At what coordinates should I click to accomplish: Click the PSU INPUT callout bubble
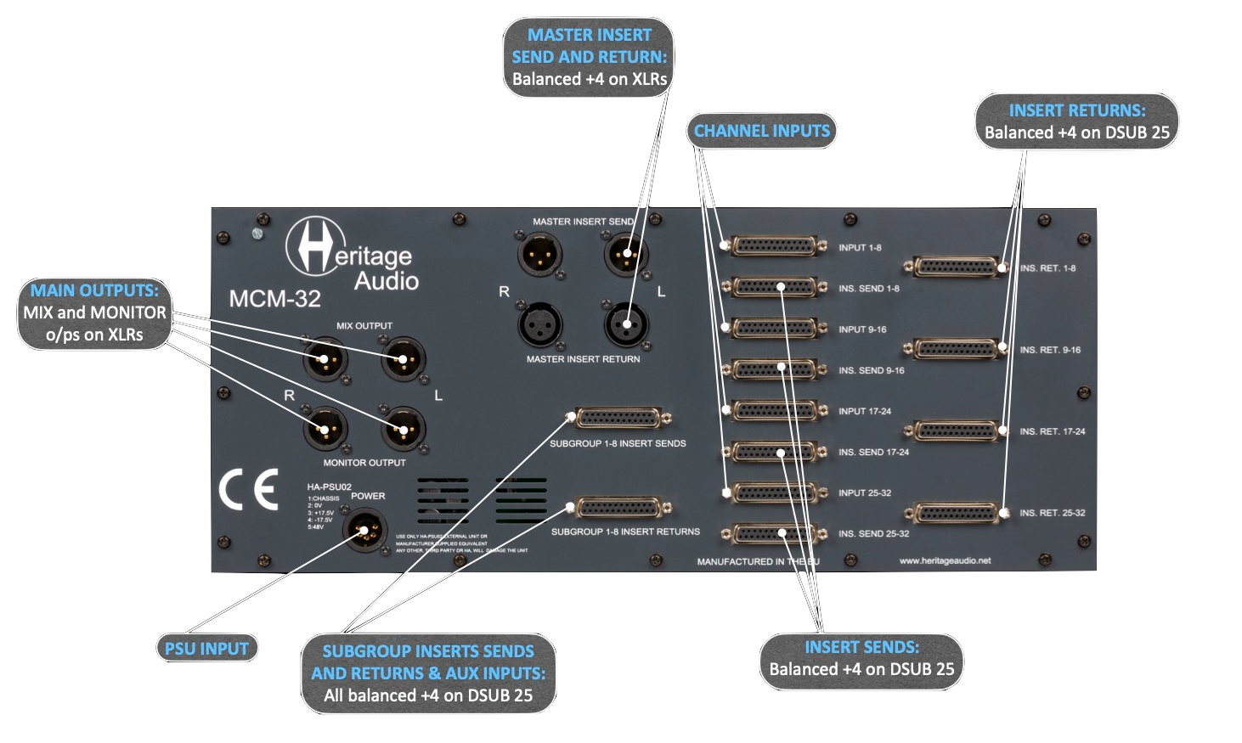206,649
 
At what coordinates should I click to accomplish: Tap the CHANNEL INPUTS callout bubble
761,131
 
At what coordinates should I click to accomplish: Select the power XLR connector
365,531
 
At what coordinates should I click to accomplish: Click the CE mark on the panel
248,491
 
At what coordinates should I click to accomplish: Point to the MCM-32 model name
274,299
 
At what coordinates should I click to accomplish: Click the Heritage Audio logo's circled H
315,246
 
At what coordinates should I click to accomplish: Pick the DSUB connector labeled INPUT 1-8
775,246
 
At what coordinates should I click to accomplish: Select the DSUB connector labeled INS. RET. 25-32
956,514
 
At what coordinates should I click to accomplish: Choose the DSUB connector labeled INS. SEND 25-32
775,534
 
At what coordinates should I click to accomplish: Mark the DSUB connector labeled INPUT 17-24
775,410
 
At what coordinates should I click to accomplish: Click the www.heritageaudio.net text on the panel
945,561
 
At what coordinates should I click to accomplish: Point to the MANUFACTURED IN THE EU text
758,562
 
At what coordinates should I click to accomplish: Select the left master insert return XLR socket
626,324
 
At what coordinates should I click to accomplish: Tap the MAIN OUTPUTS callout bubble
94,312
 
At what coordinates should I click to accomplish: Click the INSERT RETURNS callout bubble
1076,121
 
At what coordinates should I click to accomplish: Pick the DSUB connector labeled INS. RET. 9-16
956,349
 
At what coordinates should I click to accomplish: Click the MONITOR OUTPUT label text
364,463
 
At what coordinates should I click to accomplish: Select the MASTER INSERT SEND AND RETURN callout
589,57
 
